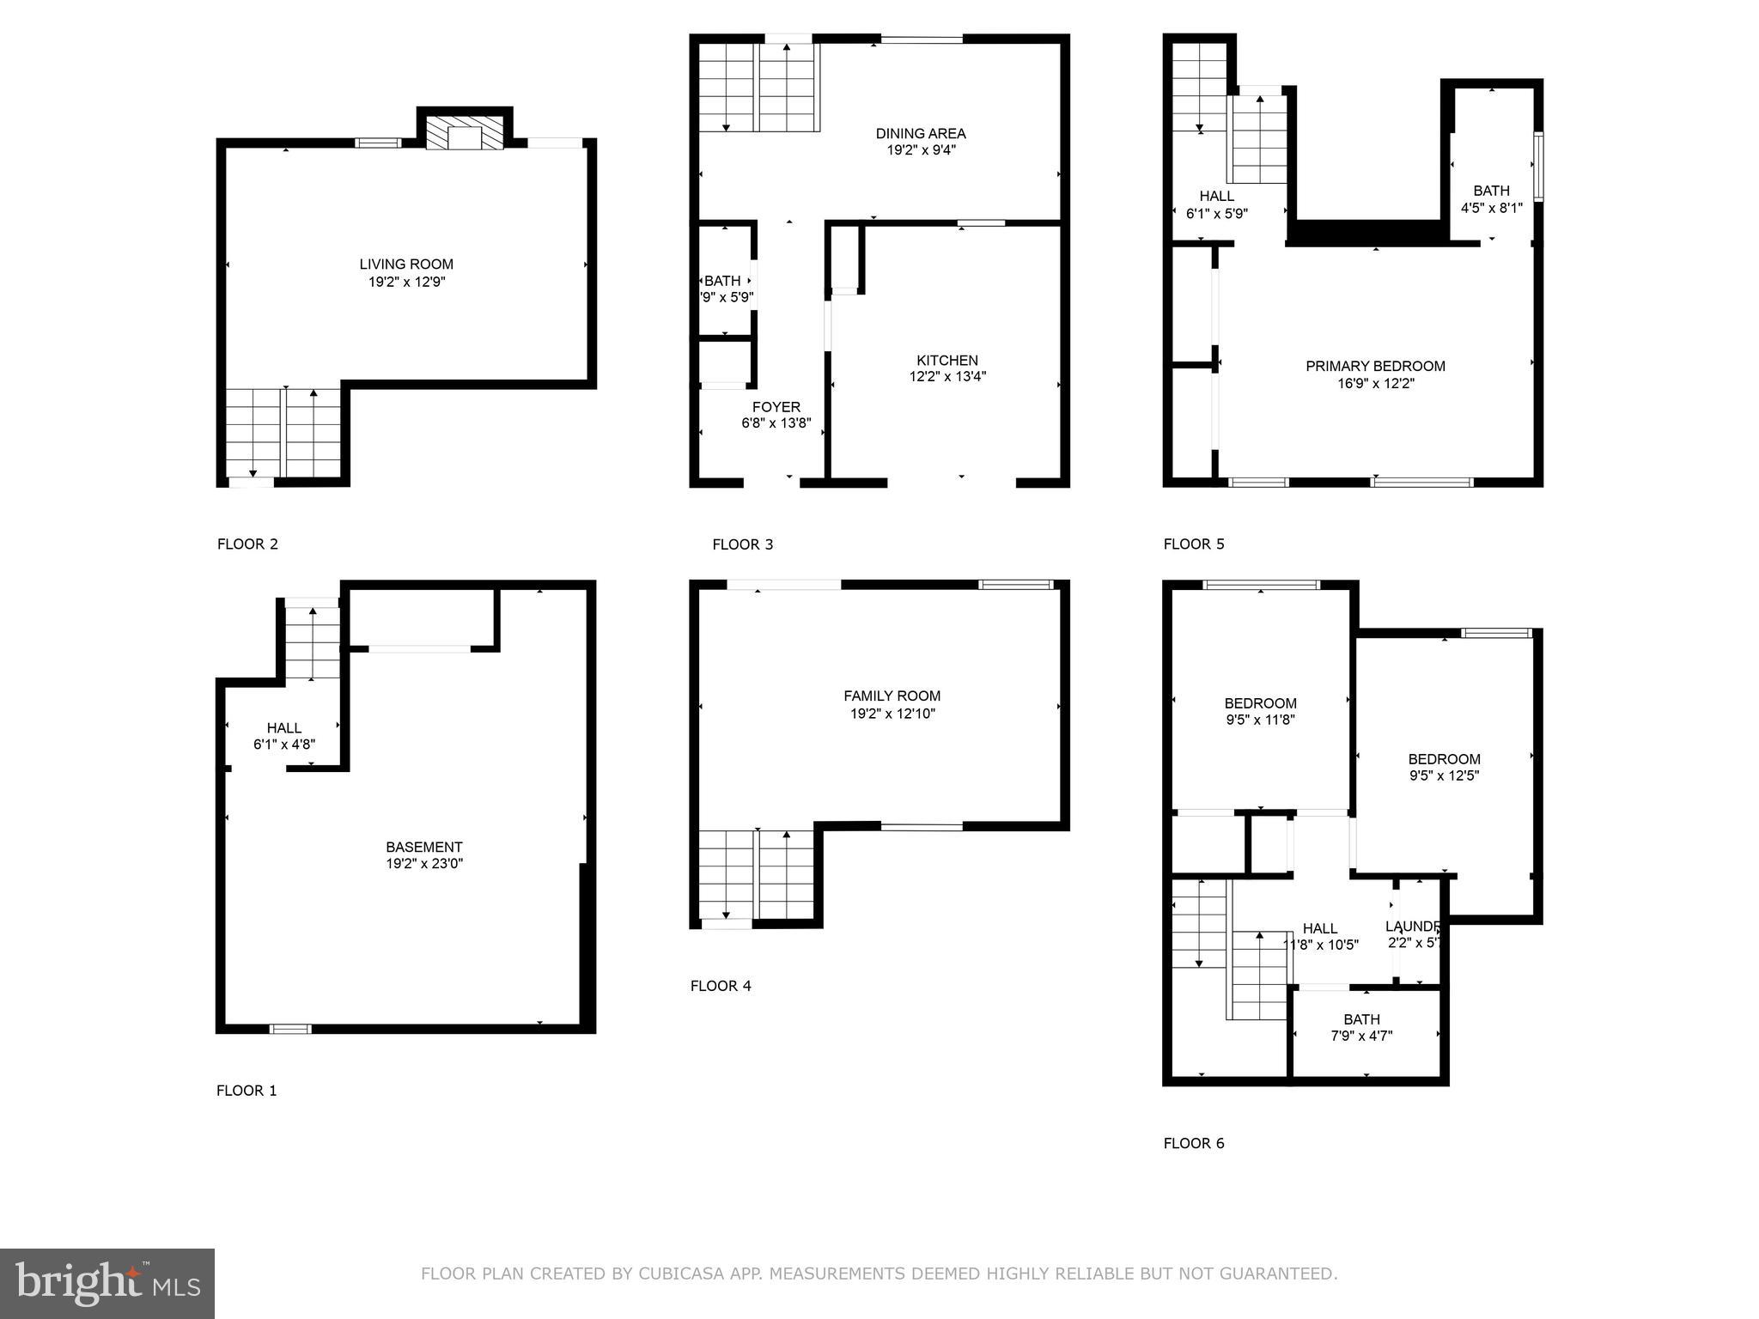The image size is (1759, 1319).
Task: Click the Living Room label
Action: [x=405, y=264]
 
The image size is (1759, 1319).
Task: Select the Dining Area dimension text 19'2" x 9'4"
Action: [x=921, y=150]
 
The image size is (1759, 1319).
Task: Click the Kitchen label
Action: [x=946, y=361]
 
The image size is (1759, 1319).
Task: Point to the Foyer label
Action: [x=776, y=407]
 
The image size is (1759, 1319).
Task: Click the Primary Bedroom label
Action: [x=1375, y=367]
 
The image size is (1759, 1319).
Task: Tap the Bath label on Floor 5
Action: [x=1491, y=191]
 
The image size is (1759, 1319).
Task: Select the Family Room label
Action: [x=892, y=696]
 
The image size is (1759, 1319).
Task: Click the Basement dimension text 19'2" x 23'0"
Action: [x=424, y=864]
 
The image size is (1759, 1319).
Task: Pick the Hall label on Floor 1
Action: [x=283, y=728]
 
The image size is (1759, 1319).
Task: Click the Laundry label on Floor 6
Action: [x=1412, y=927]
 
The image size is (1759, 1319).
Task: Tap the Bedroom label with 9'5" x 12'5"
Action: [x=1444, y=759]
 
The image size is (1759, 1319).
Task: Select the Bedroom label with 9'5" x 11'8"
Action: [x=1260, y=703]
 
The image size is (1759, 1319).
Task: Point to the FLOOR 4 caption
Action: [x=721, y=986]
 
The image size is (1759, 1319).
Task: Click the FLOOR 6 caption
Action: [x=1193, y=1143]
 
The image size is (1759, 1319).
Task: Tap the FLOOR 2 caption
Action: [x=247, y=544]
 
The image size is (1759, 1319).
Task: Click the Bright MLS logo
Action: [x=107, y=1283]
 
